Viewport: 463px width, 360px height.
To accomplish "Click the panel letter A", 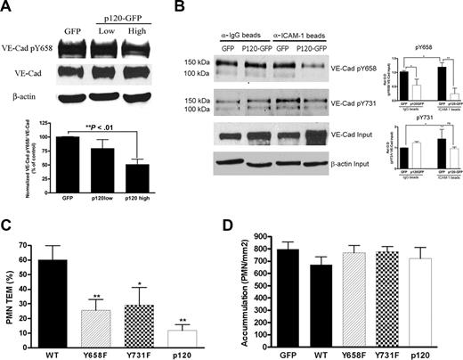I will pos(7,7).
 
